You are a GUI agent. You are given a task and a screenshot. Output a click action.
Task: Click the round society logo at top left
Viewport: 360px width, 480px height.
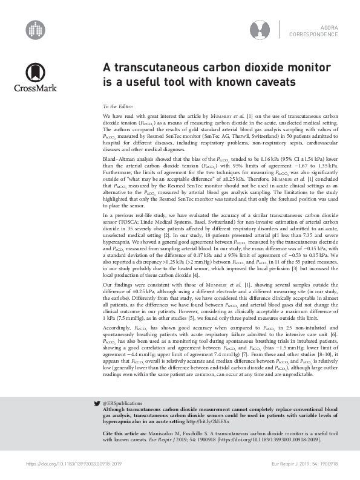coord(35,28)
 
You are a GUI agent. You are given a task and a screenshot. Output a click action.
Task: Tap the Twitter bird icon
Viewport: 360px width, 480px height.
coord(97,419)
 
